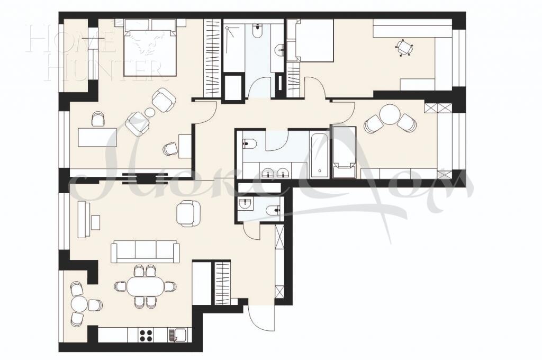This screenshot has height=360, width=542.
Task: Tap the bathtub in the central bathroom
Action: point(319,155)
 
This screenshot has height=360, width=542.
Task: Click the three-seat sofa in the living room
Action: point(144,251)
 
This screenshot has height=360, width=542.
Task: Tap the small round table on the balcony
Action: point(79,304)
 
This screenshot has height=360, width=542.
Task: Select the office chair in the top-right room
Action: point(404,48)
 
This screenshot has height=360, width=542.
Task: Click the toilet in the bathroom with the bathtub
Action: point(249,142)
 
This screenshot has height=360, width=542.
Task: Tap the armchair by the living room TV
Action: point(188,213)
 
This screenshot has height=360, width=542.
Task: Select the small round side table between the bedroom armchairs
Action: point(150,112)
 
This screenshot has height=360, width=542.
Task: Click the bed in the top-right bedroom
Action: point(313,41)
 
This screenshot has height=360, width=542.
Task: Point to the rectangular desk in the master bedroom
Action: point(97,137)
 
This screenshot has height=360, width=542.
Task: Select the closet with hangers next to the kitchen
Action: point(221,283)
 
